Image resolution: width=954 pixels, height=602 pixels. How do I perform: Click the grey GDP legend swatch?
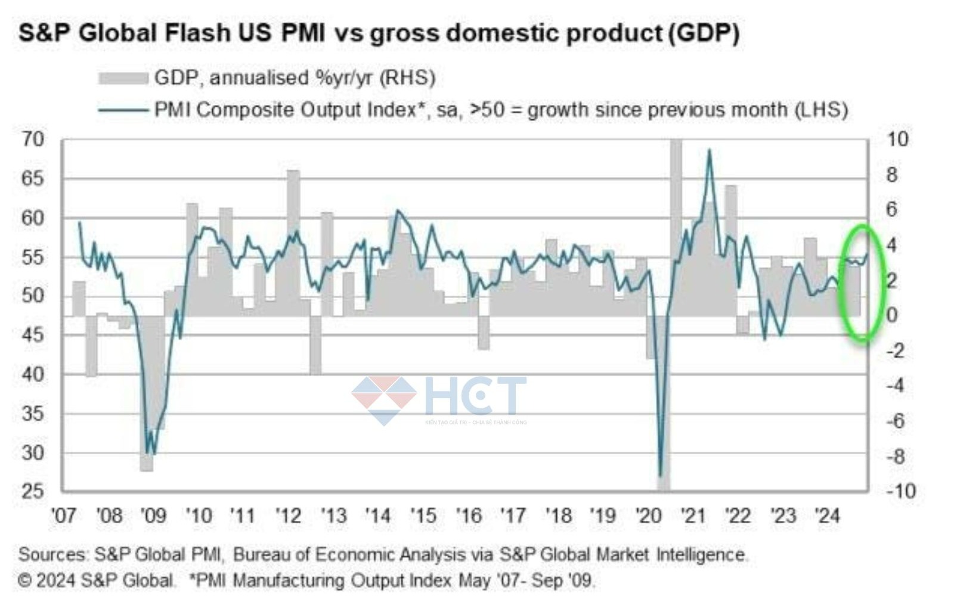123,78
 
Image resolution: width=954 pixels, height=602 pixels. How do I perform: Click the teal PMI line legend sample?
123,110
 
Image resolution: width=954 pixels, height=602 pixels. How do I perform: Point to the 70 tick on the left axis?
33,139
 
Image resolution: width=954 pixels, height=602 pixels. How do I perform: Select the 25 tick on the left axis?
33,491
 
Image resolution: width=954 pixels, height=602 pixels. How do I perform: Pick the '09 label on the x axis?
153,516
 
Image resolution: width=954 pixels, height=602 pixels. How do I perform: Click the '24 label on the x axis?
828,516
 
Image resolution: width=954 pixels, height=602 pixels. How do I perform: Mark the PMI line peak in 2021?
709,150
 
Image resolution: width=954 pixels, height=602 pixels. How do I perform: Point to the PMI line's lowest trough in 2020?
660,475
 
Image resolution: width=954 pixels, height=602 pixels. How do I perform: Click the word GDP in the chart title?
703,33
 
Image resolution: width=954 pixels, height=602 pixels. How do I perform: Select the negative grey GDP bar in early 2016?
484,333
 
